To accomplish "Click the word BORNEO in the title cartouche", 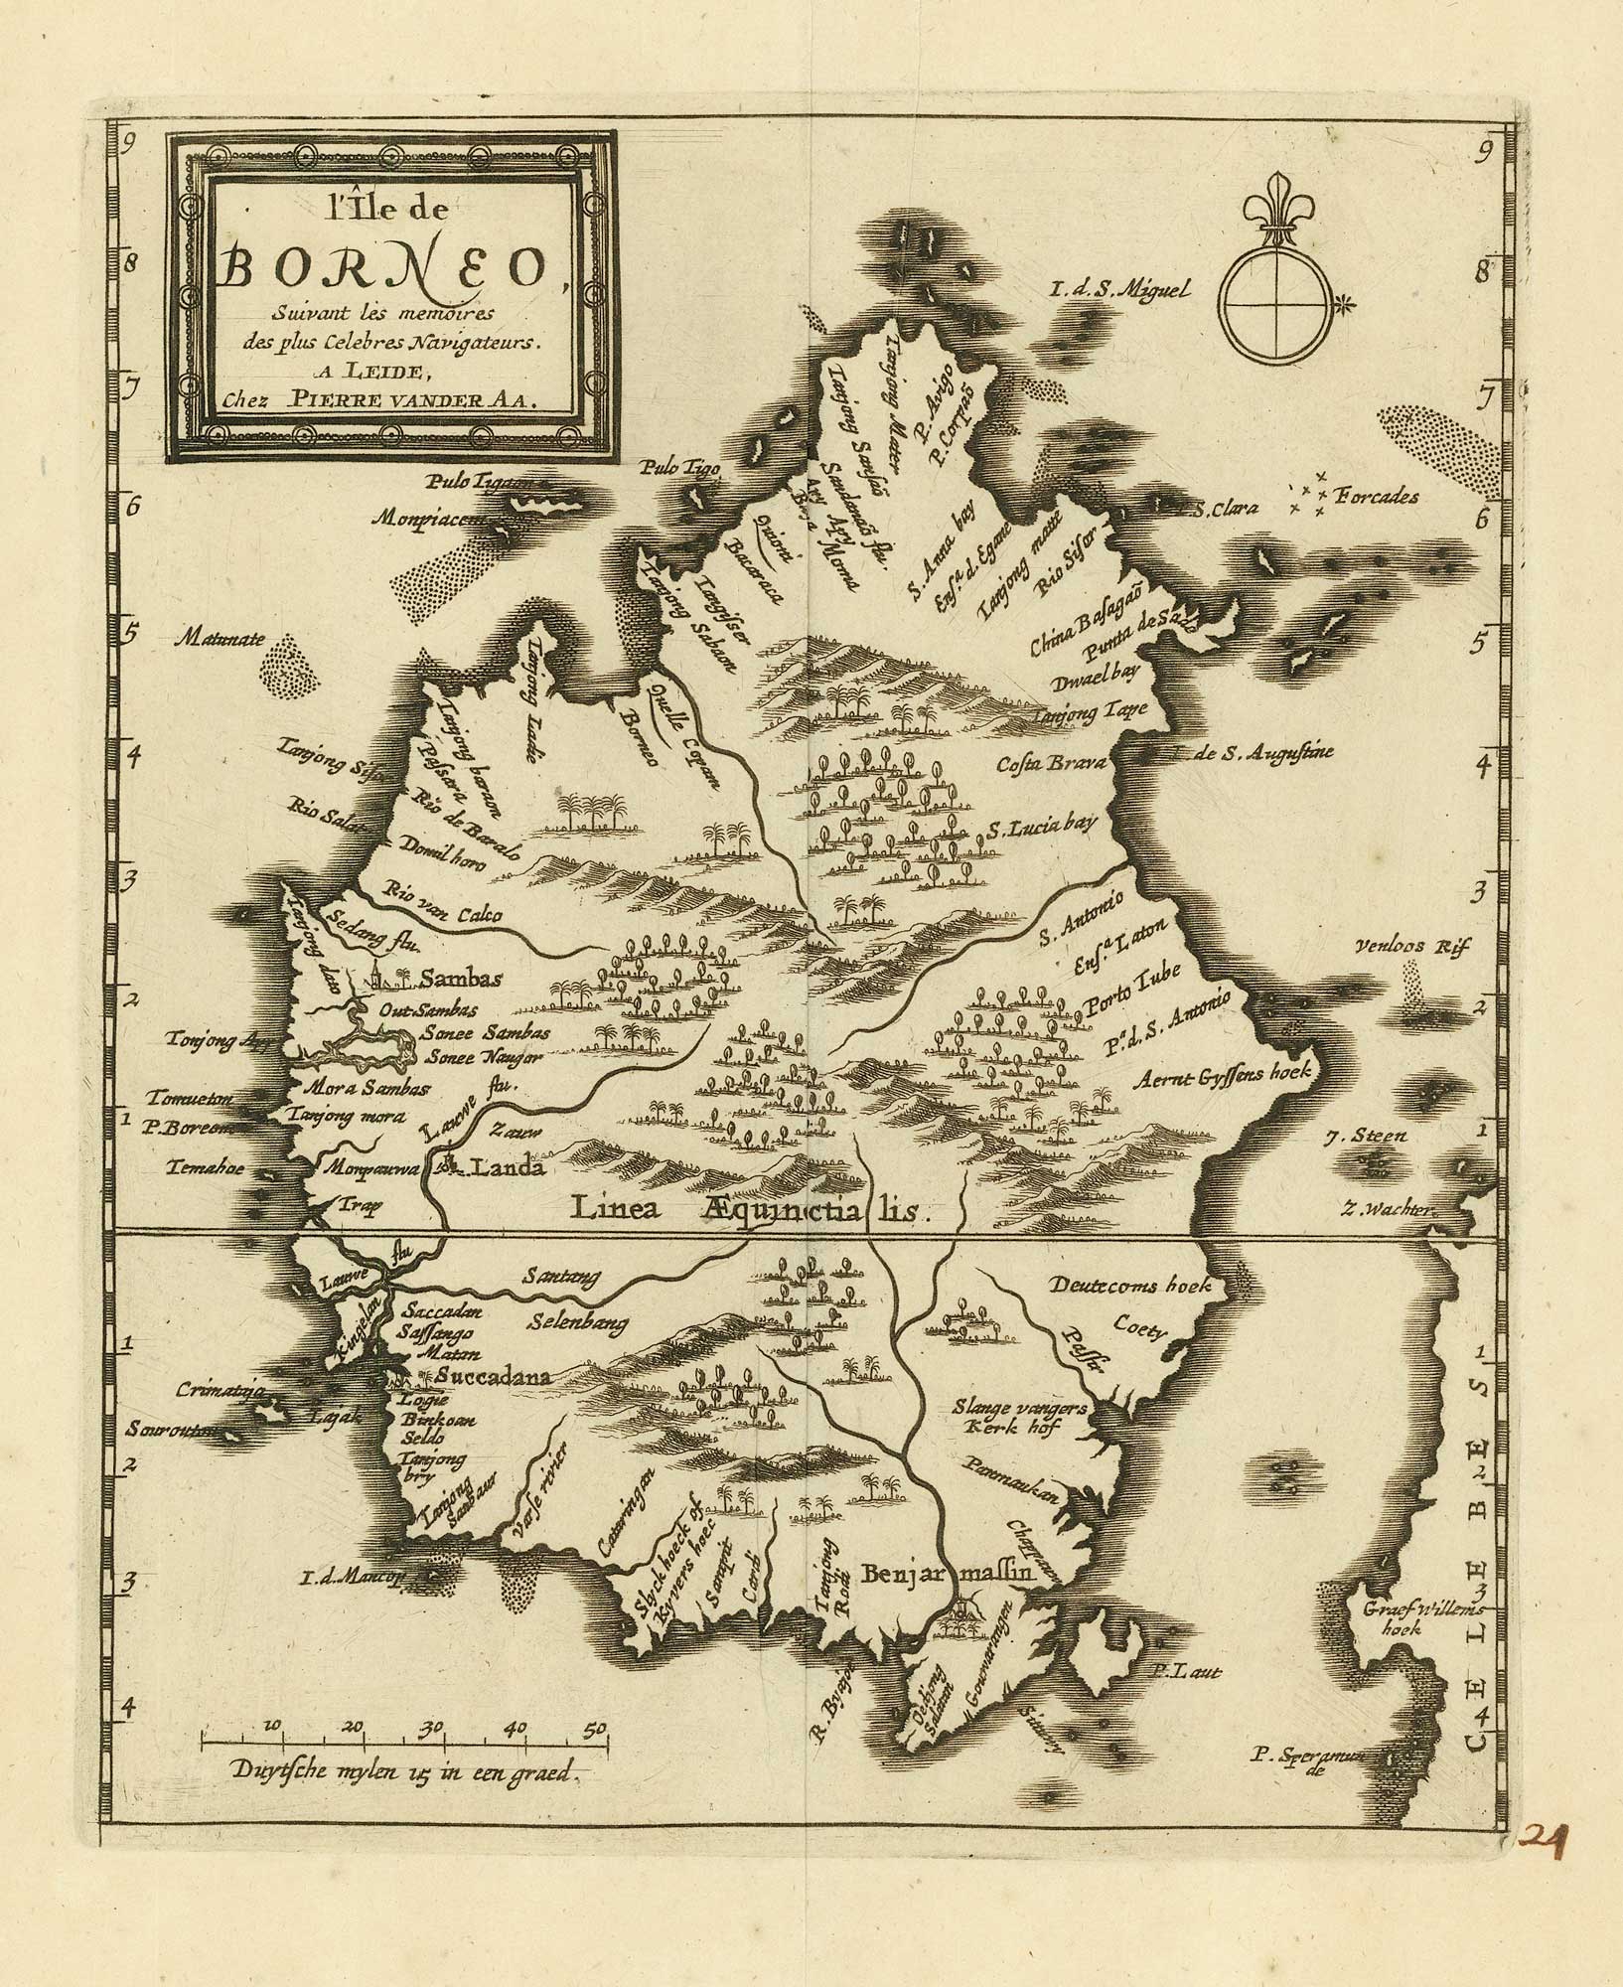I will click(388, 267).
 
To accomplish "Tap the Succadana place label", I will click(488, 1376).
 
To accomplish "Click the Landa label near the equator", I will click(507, 1169).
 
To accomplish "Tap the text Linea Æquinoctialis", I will click(749, 1208).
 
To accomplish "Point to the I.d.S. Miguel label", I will click(1119, 291).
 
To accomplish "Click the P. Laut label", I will click(1189, 1671).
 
